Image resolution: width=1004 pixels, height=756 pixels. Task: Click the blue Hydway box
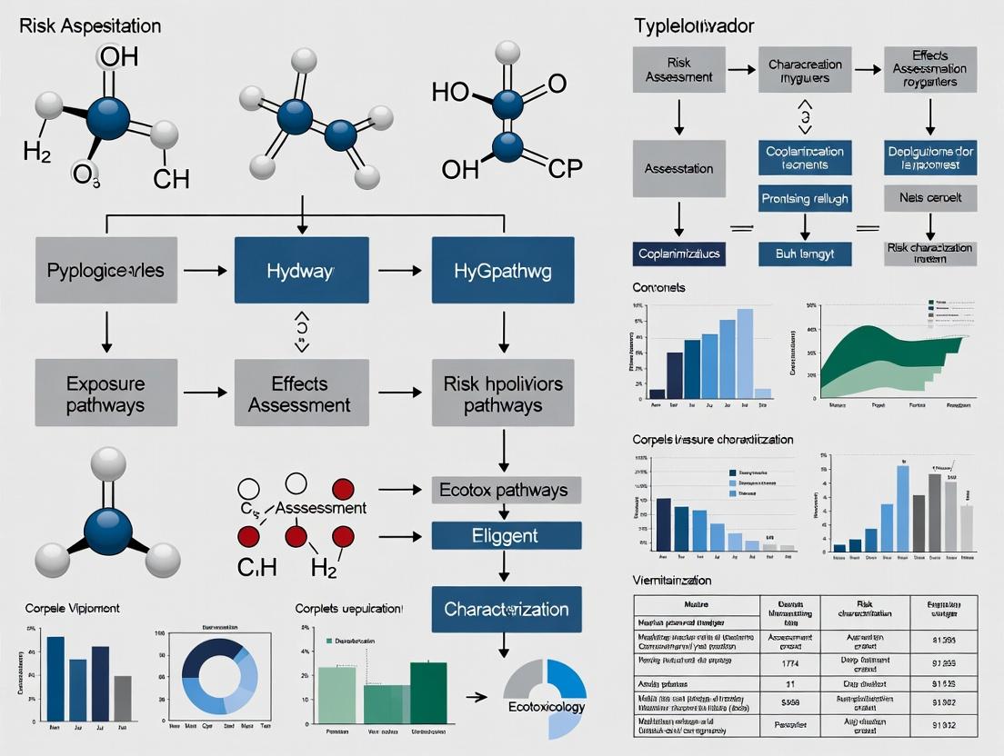301,270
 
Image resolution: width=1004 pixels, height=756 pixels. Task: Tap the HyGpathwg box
503,270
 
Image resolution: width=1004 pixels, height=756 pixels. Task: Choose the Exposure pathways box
105,393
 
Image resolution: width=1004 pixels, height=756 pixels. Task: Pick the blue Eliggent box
506,535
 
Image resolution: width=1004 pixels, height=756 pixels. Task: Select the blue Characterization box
506,609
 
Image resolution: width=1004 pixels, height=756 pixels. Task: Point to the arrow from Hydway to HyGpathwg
400,270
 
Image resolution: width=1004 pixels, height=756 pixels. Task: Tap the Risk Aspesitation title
90,25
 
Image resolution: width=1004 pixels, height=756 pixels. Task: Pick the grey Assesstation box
678,169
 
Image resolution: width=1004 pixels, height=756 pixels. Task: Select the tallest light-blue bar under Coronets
745,348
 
